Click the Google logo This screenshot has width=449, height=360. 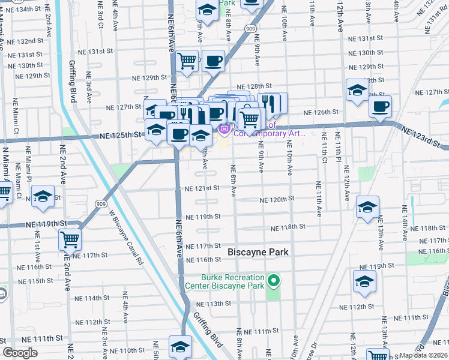point(20,353)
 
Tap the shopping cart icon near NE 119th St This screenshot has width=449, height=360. point(70,239)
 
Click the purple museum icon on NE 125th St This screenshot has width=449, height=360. point(225,128)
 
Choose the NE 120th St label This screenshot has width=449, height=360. point(277,199)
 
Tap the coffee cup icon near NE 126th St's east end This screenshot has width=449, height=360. point(380,107)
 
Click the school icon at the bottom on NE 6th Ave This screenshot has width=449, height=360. point(180,346)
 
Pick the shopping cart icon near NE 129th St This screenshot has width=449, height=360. point(187,60)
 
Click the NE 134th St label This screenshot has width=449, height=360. point(34,10)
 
